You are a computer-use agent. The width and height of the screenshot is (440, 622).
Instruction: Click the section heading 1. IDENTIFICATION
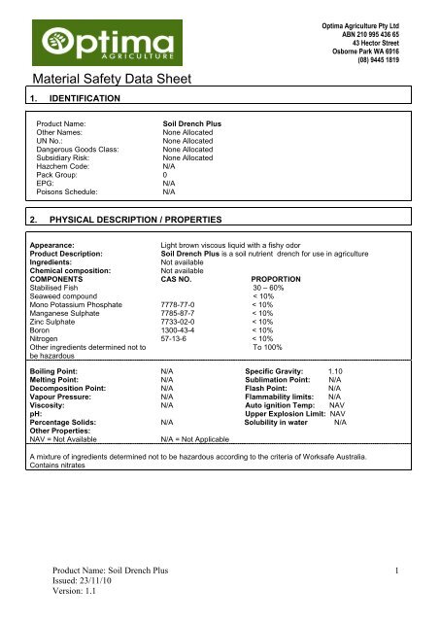click(75, 99)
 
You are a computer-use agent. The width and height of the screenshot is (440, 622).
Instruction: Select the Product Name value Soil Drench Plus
click(192, 126)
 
